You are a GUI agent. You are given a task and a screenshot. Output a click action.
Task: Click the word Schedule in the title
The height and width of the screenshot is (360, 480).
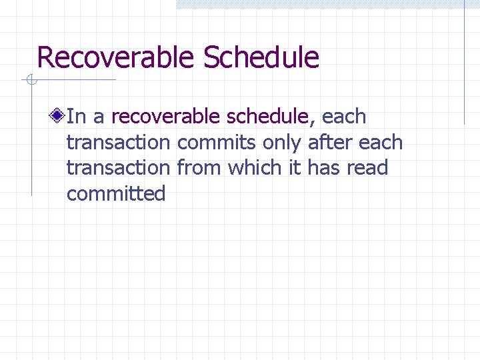[261, 57]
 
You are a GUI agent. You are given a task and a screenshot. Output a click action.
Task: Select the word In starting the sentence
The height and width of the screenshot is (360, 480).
[76, 117]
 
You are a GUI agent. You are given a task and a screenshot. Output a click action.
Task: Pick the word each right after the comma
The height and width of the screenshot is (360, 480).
[344, 117]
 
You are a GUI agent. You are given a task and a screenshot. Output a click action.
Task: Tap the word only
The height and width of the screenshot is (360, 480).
[283, 143]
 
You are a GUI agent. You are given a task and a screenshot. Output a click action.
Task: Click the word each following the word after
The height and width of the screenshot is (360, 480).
[381, 143]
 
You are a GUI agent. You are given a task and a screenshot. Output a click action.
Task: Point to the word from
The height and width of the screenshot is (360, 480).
[200, 168]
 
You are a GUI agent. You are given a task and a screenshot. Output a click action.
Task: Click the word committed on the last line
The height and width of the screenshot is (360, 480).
[116, 194]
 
